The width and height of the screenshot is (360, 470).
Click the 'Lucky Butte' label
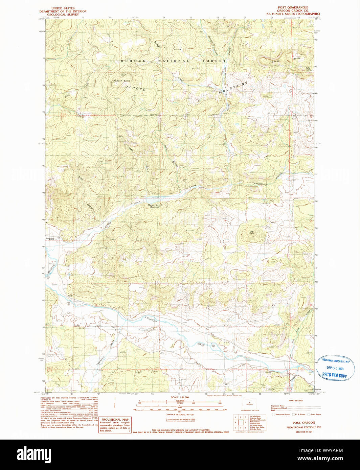[286, 60]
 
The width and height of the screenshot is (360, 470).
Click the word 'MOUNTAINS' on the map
[233, 87]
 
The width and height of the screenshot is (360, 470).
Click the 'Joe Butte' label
[252, 232]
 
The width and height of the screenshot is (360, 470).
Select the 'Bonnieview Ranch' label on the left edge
[52, 239]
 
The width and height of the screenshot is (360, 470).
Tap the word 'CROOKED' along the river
[151, 319]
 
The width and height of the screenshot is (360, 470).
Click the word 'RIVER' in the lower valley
[201, 344]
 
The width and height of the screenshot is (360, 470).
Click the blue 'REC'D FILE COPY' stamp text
[334, 376]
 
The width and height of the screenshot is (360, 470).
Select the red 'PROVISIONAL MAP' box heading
[115, 419]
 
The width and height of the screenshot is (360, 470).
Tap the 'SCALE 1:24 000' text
[180, 397]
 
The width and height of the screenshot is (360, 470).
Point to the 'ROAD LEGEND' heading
[296, 401]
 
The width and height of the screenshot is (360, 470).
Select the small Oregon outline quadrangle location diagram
[250, 404]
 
